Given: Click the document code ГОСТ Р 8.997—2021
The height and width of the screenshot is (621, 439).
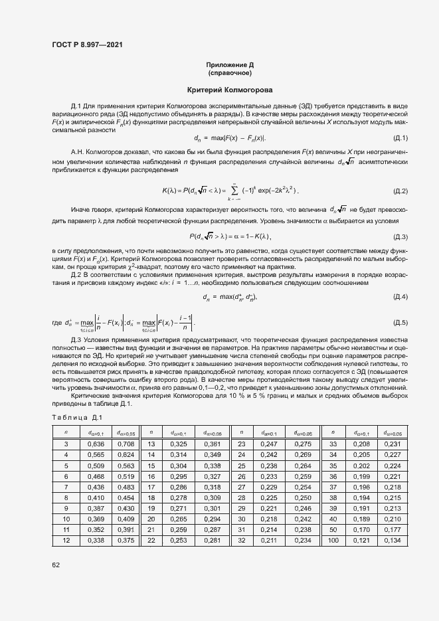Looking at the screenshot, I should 87,44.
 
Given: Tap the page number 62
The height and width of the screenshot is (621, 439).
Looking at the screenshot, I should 56,565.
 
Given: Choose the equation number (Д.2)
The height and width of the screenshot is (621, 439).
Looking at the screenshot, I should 400,191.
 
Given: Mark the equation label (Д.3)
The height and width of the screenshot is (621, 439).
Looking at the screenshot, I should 400,237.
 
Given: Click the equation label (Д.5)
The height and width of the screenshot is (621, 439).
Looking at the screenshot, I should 400,323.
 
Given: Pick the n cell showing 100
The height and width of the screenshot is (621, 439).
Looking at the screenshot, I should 333,541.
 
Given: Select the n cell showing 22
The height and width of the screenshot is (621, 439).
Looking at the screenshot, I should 151,541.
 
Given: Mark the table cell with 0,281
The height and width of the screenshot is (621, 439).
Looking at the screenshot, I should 212,541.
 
